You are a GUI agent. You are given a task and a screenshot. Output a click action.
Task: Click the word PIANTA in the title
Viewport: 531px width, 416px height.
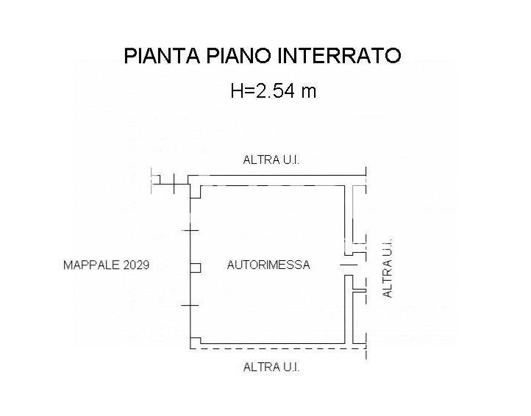pyautogui.click(x=163, y=56)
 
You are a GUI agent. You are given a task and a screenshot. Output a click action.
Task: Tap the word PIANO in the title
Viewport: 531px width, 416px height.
pyautogui.click(x=239, y=56)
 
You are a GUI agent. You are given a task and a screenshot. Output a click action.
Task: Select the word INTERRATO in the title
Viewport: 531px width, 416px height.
pyautogui.click(x=339, y=56)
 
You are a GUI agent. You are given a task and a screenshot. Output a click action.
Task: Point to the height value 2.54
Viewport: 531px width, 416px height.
pyautogui.click(x=275, y=90)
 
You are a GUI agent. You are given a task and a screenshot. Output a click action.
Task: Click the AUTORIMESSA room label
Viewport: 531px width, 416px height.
pyautogui.click(x=268, y=265)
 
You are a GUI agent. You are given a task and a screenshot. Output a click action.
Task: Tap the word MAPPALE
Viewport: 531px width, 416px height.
pyautogui.click(x=91, y=265)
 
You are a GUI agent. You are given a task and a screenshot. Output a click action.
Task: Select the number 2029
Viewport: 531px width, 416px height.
pyautogui.click(x=136, y=265)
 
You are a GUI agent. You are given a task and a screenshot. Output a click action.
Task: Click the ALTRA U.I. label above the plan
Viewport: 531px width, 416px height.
pyautogui.click(x=271, y=159)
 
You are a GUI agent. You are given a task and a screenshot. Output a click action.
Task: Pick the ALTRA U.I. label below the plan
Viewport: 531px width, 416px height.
pyautogui.click(x=271, y=367)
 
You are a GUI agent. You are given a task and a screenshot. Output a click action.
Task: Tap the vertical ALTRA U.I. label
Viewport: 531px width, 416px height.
pyautogui.click(x=387, y=268)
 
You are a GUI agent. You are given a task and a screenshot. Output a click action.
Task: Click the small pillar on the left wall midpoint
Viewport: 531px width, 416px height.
pyautogui.click(x=196, y=268)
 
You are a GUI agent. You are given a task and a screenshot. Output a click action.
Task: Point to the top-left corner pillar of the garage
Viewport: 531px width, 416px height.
pyautogui.click(x=196, y=192)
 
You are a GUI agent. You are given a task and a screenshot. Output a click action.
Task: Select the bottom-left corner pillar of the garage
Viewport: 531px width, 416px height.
pyautogui.click(x=196, y=343)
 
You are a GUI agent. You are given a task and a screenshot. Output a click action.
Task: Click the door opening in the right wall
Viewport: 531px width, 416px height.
pyautogui.click(x=349, y=265)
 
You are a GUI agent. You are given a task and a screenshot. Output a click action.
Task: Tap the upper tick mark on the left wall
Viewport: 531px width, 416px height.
pyautogui.click(x=190, y=231)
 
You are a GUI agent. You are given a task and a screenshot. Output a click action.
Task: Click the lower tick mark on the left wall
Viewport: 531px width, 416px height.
pyautogui.click(x=190, y=305)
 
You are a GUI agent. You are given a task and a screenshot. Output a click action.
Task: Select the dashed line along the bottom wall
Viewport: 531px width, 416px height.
pyautogui.click(x=278, y=348)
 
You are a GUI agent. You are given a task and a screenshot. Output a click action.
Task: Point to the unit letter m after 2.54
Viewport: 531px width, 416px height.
pyautogui.click(x=309, y=93)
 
